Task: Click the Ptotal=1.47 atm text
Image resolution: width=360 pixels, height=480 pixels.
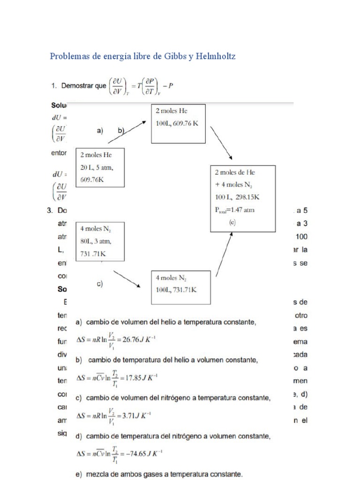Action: point(234,210)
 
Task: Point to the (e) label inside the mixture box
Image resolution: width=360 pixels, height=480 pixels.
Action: point(232,223)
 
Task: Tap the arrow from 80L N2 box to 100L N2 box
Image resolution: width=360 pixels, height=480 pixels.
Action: point(127,279)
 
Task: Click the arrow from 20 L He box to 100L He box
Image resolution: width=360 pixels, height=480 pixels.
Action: point(127,131)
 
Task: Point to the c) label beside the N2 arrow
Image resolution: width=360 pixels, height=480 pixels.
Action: point(99,284)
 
